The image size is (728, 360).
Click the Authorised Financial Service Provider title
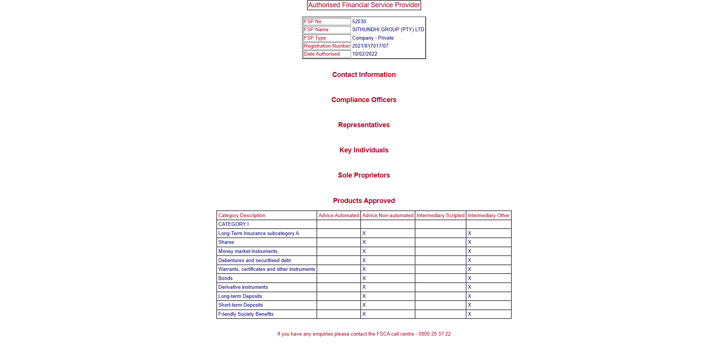click(364, 5)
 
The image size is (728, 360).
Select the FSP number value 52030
click(359, 22)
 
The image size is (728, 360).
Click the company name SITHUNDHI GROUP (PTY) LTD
click(388, 30)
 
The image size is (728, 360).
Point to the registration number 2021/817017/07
click(370, 46)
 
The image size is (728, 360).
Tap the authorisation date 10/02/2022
click(364, 54)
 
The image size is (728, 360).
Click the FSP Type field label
click(315, 38)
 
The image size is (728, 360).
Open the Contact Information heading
click(364, 75)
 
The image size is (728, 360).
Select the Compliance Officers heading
click(364, 100)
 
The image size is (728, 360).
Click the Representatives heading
click(364, 125)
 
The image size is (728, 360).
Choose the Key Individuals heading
click(364, 150)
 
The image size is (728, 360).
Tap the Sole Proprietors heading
click(364, 175)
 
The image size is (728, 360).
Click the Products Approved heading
click(364, 201)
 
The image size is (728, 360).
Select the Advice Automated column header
click(338, 216)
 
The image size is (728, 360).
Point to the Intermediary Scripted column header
click(440, 216)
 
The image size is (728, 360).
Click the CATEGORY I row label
click(233, 224)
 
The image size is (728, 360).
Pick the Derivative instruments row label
click(243, 287)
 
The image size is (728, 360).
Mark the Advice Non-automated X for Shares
click(364, 242)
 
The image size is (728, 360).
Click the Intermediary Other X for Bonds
click(469, 278)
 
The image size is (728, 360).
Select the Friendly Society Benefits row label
click(246, 314)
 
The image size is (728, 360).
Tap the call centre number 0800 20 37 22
click(434, 334)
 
